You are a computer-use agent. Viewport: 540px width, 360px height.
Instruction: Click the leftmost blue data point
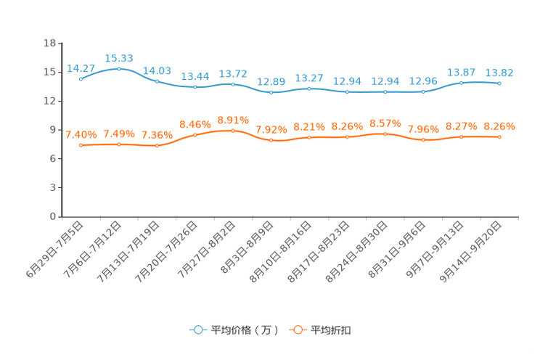(x=81, y=78)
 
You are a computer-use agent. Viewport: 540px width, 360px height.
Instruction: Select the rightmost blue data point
(x=499, y=83)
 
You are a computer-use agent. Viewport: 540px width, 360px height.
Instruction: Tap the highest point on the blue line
(x=119, y=68)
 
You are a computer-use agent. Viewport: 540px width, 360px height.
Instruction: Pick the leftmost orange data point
(x=81, y=146)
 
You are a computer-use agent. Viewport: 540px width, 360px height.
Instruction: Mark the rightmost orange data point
(x=499, y=136)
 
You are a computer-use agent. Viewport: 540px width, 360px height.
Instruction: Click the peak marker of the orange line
(x=233, y=130)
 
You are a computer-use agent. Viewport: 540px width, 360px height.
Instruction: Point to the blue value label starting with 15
(x=119, y=57)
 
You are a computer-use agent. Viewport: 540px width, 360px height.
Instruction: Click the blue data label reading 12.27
(x=309, y=78)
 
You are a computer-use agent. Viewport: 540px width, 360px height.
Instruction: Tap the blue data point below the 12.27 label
(x=309, y=89)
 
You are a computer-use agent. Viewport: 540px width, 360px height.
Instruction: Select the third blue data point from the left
(x=157, y=81)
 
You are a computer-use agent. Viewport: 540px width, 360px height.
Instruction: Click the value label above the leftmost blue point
(x=81, y=67)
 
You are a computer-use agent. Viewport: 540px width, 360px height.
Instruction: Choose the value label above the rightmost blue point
(x=499, y=73)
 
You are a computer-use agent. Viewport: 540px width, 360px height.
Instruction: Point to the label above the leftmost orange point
(x=81, y=135)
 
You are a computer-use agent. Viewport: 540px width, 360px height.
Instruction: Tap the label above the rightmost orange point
(x=499, y=126)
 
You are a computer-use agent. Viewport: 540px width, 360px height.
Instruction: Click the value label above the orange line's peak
(x=233, y=119)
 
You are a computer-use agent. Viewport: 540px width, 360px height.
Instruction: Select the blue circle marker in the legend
(x=197, y=330)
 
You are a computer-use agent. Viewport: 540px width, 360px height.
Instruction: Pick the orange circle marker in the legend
(x=297, y=330)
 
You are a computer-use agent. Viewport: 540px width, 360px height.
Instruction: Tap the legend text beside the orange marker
(x=331, y=330)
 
